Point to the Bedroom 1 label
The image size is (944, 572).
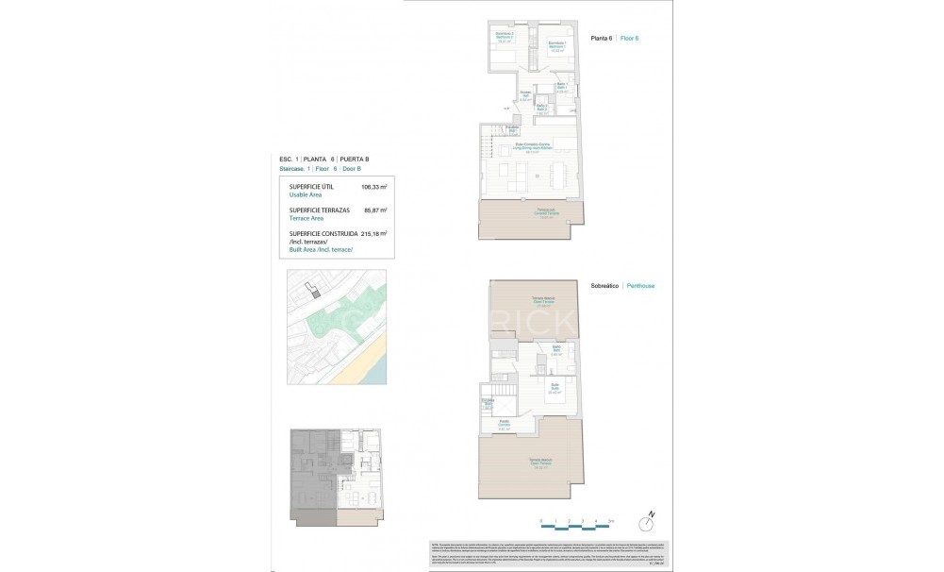(556, 44)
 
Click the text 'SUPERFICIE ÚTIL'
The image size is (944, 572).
(312, 187)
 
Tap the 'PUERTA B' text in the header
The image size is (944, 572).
(356, 160)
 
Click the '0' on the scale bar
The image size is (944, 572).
(541, 521)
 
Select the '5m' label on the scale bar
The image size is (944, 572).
(611, 521)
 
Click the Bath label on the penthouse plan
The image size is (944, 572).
(557, 351)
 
